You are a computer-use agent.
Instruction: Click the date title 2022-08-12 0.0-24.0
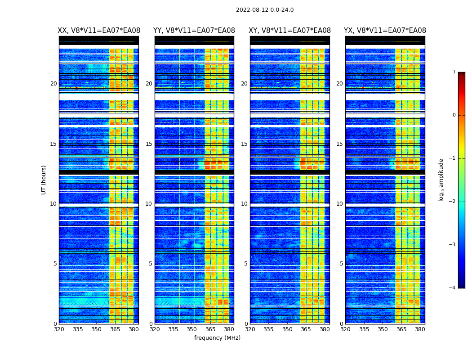[265, 10]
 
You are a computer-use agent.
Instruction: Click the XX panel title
[99, 31]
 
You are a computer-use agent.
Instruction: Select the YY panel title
[194, 31]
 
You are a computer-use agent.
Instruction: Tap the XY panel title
[290, 31]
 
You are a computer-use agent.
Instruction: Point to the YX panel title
[385, 31]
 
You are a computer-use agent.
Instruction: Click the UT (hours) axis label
[44, 180]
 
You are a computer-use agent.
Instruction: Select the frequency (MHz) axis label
[217, 338]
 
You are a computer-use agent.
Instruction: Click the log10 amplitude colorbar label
[441, 180]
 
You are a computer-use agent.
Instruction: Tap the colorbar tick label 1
[454, 72]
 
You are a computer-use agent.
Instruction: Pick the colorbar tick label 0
[454, 115]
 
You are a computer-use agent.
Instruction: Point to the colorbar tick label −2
[453, 202]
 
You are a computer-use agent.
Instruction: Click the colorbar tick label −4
[453, 288]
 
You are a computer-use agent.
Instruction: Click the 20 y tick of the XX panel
[53, 84]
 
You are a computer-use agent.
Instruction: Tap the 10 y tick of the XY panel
[244, 204]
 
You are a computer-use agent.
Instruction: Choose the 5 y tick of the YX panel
[341, 264]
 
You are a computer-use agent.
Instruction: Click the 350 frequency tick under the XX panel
[96, 329]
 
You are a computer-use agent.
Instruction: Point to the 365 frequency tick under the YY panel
[210, 329]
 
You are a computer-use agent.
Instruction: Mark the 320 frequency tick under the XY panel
[250, 329]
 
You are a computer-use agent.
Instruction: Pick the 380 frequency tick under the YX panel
[420, 329]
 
